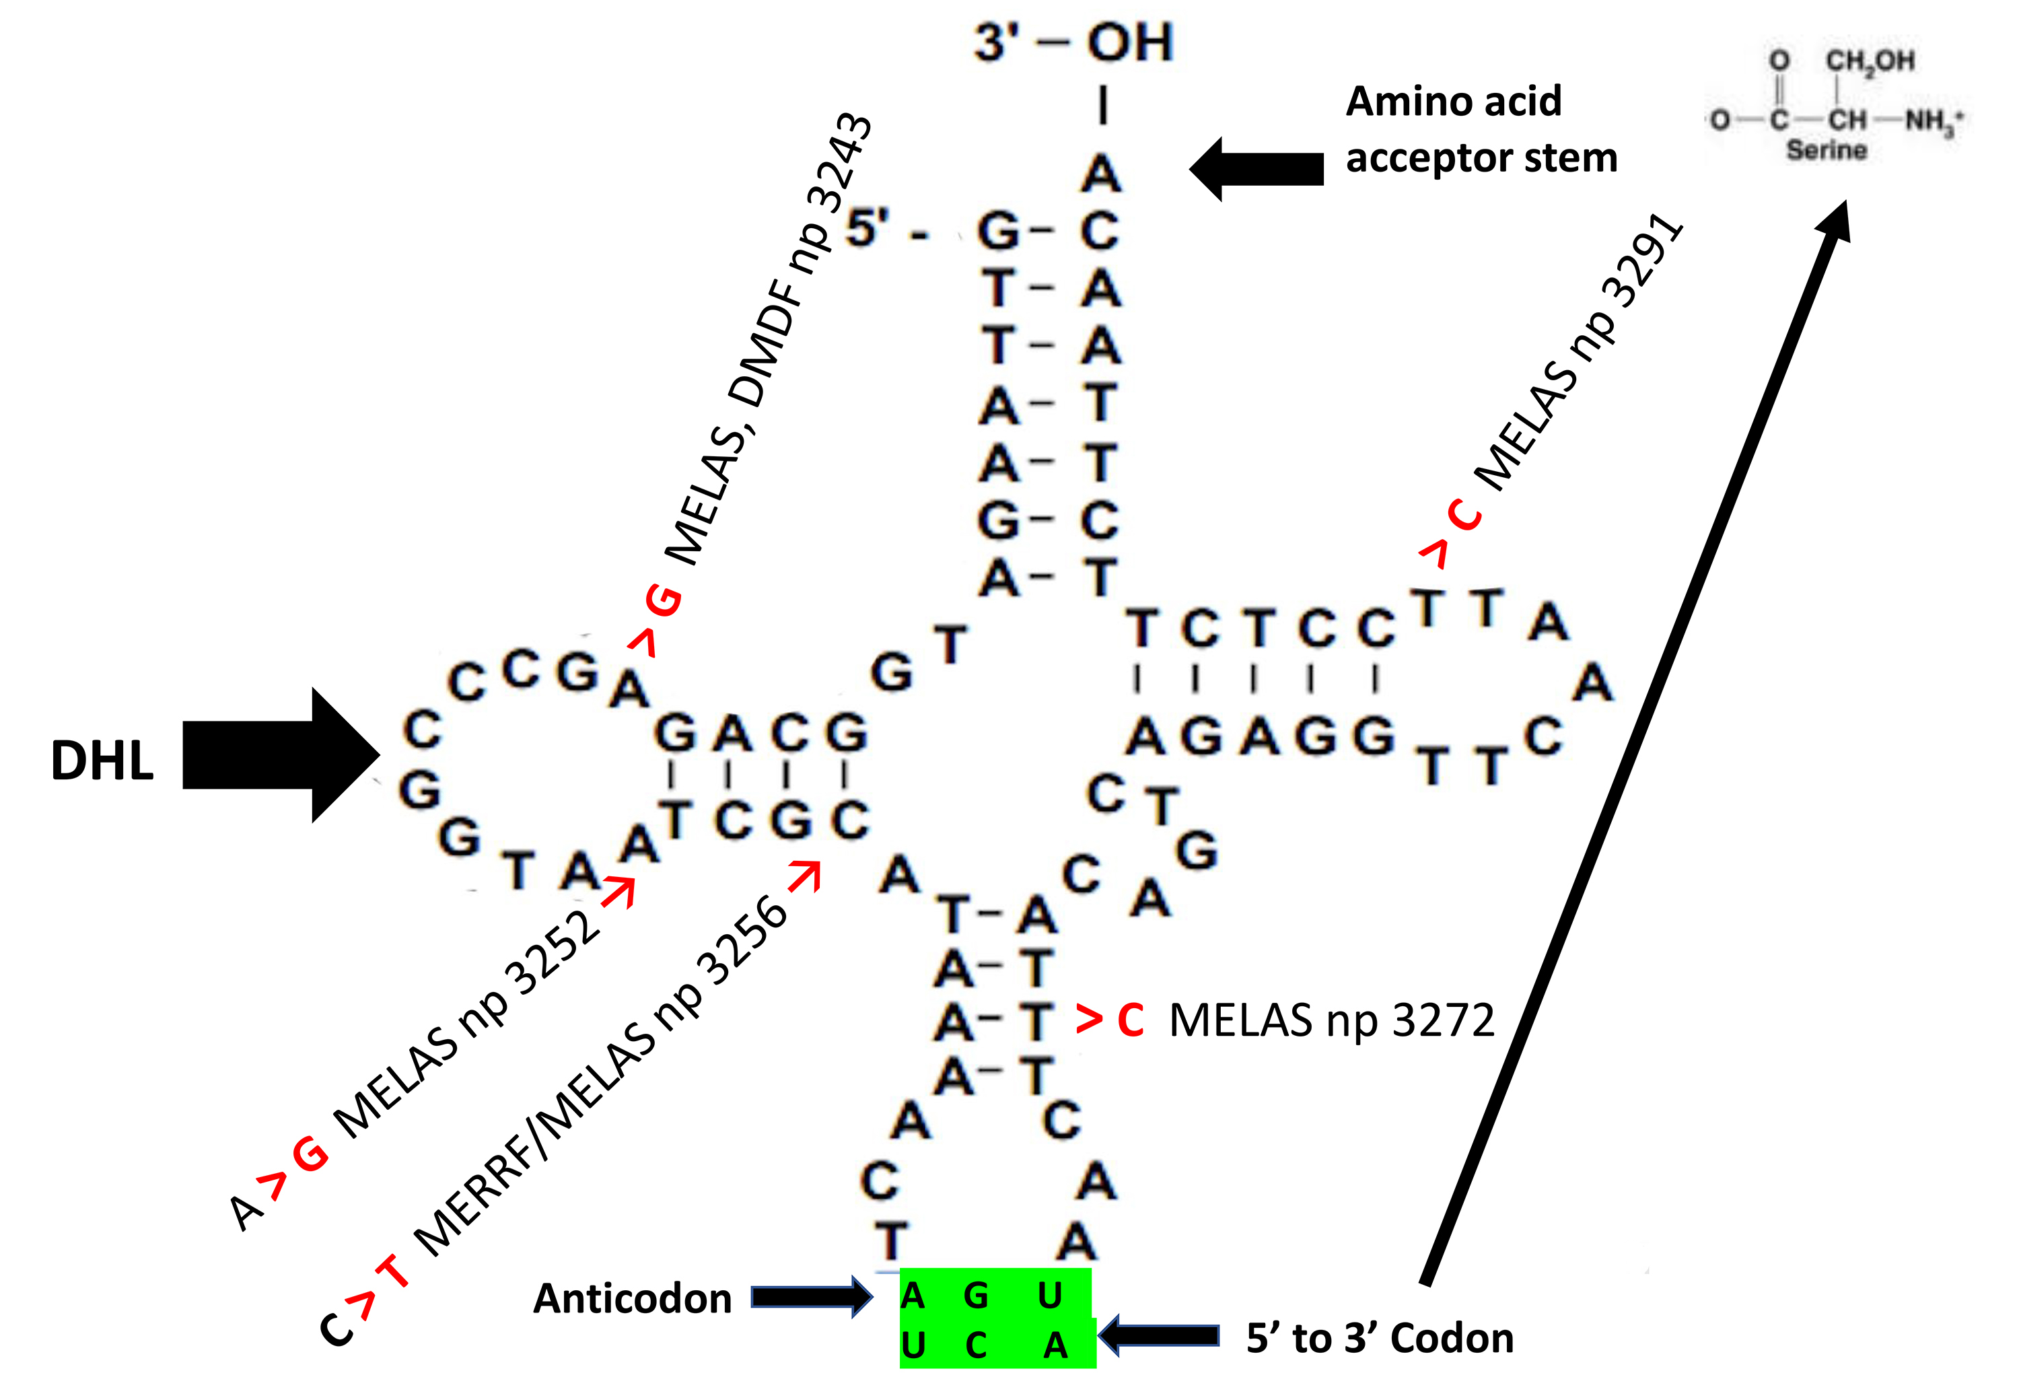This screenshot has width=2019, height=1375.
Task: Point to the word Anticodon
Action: pyautogui.click(x=633, y=1298)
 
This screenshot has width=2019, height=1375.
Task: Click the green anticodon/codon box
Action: pyautogui.click(x=997, y=1318)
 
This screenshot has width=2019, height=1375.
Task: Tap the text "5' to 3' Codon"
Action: pyautogui.click(x=1380, y=1338)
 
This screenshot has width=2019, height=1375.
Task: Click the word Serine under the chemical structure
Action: pyautogui.click(x=1826, y=150)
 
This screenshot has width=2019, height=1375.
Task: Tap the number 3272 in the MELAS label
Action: pyautogui.click(x=1443, y=1020)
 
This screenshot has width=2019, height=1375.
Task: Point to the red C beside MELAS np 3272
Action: pyautogui.click(x=1130, y=1020)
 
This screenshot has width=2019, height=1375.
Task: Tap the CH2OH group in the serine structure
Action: pyautogui.click(x=1870, y=61)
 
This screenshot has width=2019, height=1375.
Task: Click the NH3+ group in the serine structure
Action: pyautogui.click(x=1933, y=120)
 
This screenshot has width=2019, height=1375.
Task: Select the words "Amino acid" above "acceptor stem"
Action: pyautogui.click(x=1454, y=102)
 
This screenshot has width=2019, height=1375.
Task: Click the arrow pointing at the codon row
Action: pyautogui.click(x=1160, y=1335)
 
